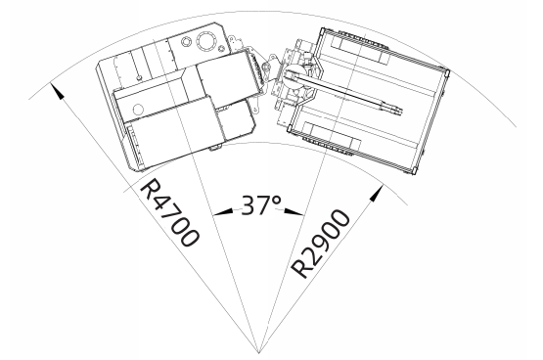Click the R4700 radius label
click(169, 212)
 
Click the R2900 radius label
click(320, 244)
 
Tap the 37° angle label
click(261, 205)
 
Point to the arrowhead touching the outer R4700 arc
click(58, 91)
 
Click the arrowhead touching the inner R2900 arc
click(377, 193)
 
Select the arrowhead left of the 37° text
click(223, 211)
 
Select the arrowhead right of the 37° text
click(294, 211)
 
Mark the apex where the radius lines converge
click(259, 353)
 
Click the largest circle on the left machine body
click(206, 41)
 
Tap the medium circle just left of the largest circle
click(186, 43)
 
